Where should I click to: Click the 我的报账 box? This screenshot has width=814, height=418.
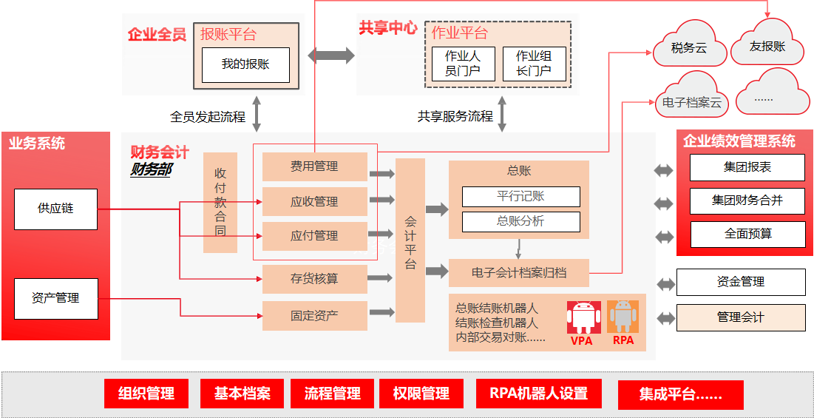coord(245,65)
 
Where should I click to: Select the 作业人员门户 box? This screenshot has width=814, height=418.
coord(463,64)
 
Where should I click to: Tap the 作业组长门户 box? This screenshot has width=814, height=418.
coord(535,64)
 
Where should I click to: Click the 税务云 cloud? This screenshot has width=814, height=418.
coord(689,48)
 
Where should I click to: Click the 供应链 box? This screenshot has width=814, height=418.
coord(55,209)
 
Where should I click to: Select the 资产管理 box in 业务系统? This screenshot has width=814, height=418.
coord(55,299)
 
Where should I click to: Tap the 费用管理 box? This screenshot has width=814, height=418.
coord(315,166)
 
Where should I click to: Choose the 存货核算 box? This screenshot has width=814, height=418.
coord(315,279)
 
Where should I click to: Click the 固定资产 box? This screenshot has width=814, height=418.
coord(315,316)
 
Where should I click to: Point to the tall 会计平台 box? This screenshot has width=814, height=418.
coord(410,240)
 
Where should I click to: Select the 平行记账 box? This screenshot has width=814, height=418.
coord(521,197)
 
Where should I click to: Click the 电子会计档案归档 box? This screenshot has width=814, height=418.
coord(518,272)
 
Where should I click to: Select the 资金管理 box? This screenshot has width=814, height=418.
coord(741,283)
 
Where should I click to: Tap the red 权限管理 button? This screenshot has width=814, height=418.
coord(421,394)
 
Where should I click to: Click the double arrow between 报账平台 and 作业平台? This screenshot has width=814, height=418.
coord(332,55)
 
